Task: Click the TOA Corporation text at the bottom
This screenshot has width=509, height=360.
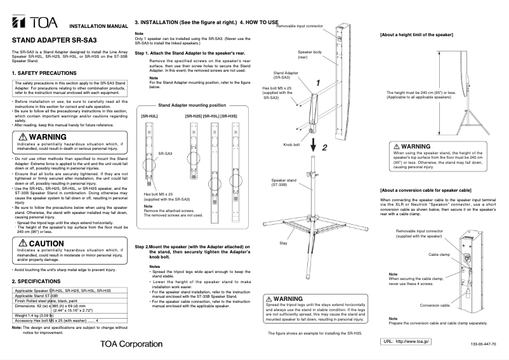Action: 131,343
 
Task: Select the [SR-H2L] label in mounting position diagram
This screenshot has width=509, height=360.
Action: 149,116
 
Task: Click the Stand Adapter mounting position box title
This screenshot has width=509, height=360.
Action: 191,105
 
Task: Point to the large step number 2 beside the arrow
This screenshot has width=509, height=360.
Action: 324,147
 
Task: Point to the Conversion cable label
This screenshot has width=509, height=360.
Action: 435,305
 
